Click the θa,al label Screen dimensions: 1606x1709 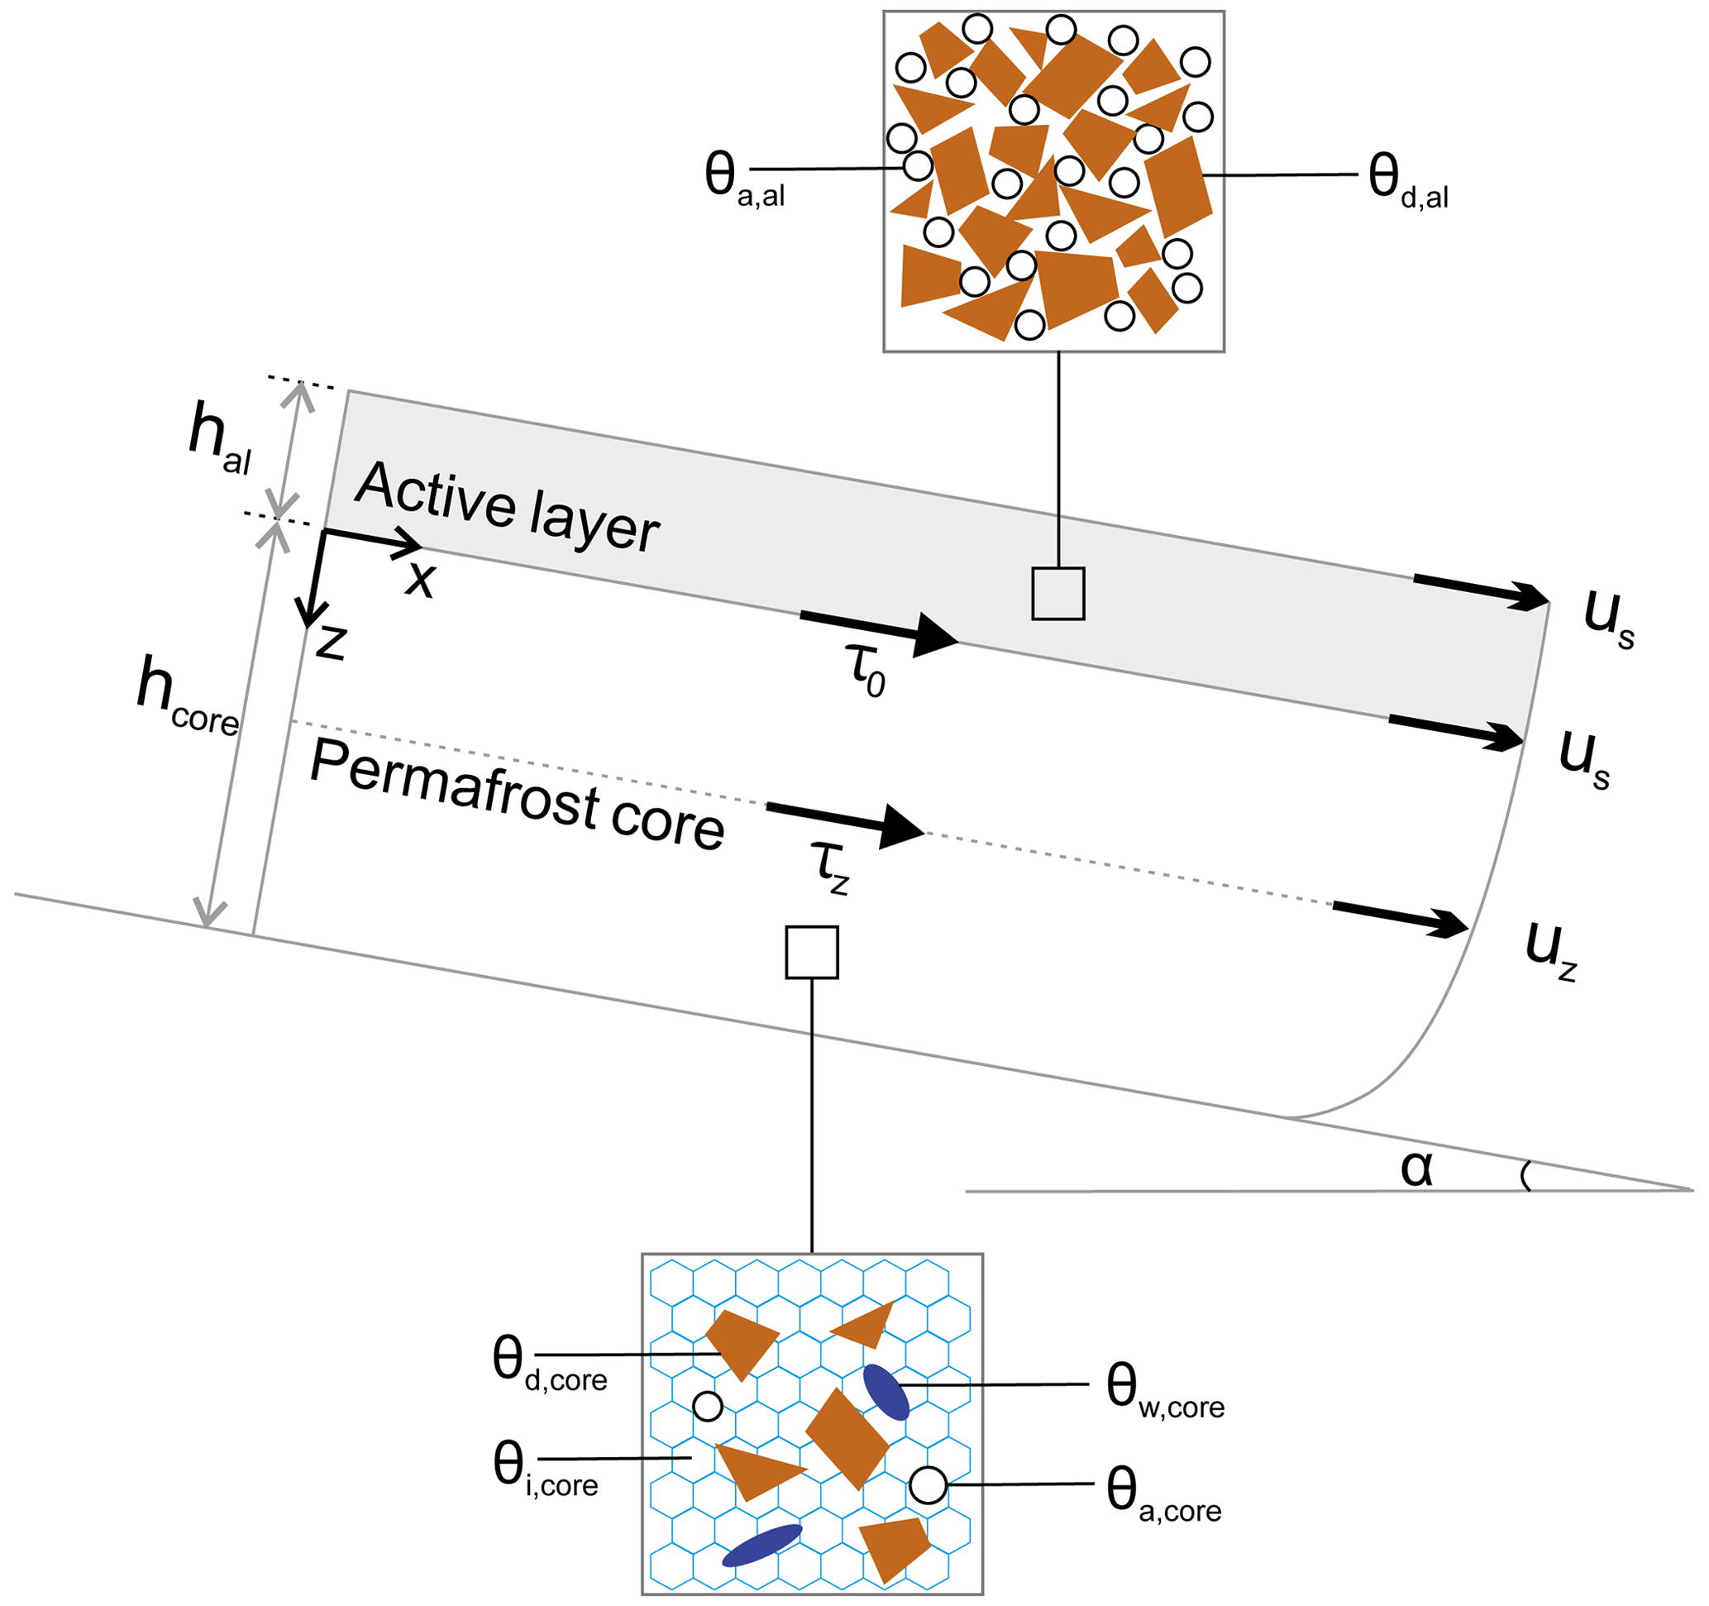tap(743, 180)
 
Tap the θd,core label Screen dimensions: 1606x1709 tap(548, 1365)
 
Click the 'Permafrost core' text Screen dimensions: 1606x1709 tap(517, 796)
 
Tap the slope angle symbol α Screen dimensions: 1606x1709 tap(1416, 1169)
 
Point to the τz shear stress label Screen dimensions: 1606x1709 tap(830, 867)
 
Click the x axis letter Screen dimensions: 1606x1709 tap(421, 578)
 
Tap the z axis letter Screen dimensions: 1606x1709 tap(331, 641)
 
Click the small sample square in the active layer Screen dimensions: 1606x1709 tap(1058, 594)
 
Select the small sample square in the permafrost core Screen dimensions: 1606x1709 tap(812, 953)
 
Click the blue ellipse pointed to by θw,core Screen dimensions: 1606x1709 tap(886, 1392)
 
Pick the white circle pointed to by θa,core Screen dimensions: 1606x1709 tap(928, 1484)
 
